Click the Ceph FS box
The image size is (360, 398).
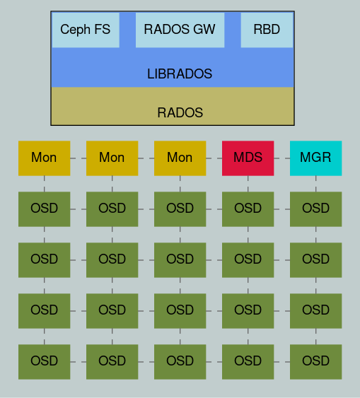pyautogui.click(x=86, y=30)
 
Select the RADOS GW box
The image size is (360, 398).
pyautogui.click(x=180, y=30)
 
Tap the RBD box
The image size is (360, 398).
pyautogui.click(x=267, y=30)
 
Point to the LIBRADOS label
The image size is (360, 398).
pyautogui.click(x=180, y=74)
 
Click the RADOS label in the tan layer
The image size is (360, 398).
pyautogui.click(x=180, y=112)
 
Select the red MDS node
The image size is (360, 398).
pyautogui.click(x=248, y=158)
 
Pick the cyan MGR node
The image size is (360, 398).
pyautogui.click(x=315, y=158)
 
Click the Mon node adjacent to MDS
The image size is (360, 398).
pyautogui.click(x=180, y=158)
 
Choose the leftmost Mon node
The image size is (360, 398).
pyautogui.click(x=44, y=158)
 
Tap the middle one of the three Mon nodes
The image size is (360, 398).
pyautogui.click(x=112, y=158)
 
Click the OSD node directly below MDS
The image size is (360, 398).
pyautogui.click(x=248, y=209)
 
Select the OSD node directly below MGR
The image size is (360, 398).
pyautogui.click(x=315, y=209)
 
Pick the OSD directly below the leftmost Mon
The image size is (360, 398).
pyautogui.click(x=44, y=209)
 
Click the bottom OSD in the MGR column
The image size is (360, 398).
pyautogui.click(x=315, y=361)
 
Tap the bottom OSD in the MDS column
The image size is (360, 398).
pyautogui.click(x=248, y=361)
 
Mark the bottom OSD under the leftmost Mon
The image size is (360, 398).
pyautogui.click(x=44, y=361)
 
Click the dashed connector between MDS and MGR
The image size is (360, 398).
pyautogui.click(x=281, y=158)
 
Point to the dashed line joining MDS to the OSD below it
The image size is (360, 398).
pyautogui.click(x=248, y=183)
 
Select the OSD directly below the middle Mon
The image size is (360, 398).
pyautogui.click(x=112, y=209)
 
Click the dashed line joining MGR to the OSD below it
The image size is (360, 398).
pyautogui.click(x=315, y=183)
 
